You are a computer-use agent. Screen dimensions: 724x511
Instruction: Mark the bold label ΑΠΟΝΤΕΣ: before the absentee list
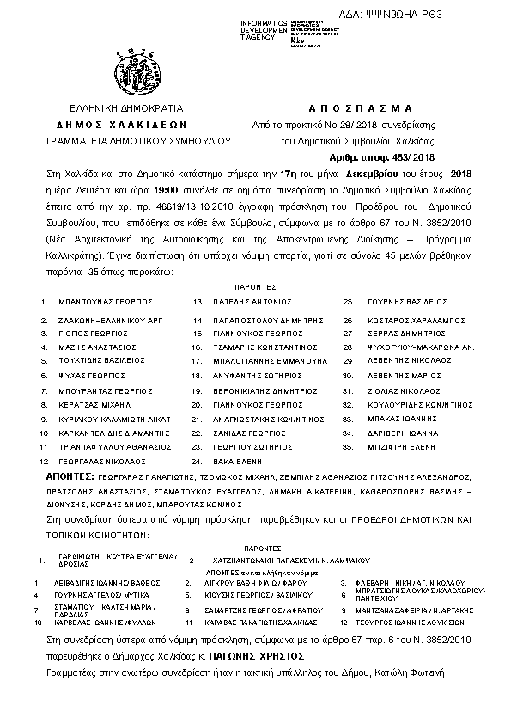tap(70, 476)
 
